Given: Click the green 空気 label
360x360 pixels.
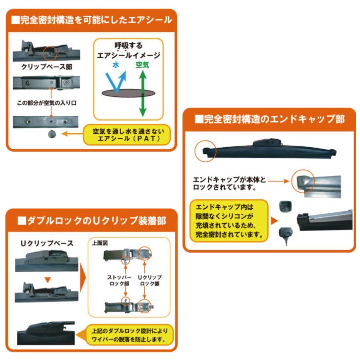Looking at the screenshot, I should coord(142,65).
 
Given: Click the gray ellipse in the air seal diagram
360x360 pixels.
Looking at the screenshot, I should coord(128,93).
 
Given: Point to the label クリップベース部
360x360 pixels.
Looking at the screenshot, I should coord(47,67).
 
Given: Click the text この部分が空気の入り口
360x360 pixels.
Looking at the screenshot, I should coord(47,103).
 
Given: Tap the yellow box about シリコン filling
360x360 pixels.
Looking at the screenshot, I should coord(229,220).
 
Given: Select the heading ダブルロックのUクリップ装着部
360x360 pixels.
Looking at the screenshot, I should coord(91,220).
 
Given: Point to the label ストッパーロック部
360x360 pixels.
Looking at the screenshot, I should coord(117,280).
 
